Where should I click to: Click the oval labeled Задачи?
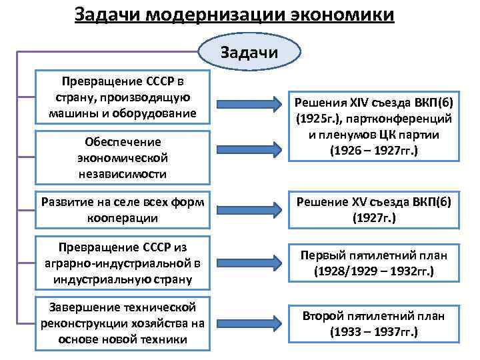250,53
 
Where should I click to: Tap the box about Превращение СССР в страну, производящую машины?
123,97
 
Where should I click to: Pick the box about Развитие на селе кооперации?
123,209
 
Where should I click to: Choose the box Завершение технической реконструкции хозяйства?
123,323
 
